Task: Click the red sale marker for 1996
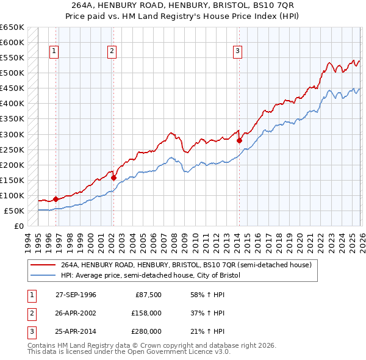[56, 199]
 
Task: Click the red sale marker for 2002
[113, 178]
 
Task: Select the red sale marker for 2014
[239, 140]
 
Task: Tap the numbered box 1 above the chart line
[55, 51]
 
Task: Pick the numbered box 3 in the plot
[237, 51]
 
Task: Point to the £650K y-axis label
[12, 27]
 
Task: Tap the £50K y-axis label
[14, 211]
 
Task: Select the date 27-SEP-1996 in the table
[76, 295]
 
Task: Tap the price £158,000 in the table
[147, 313]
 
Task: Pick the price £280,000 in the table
[147, 331]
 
